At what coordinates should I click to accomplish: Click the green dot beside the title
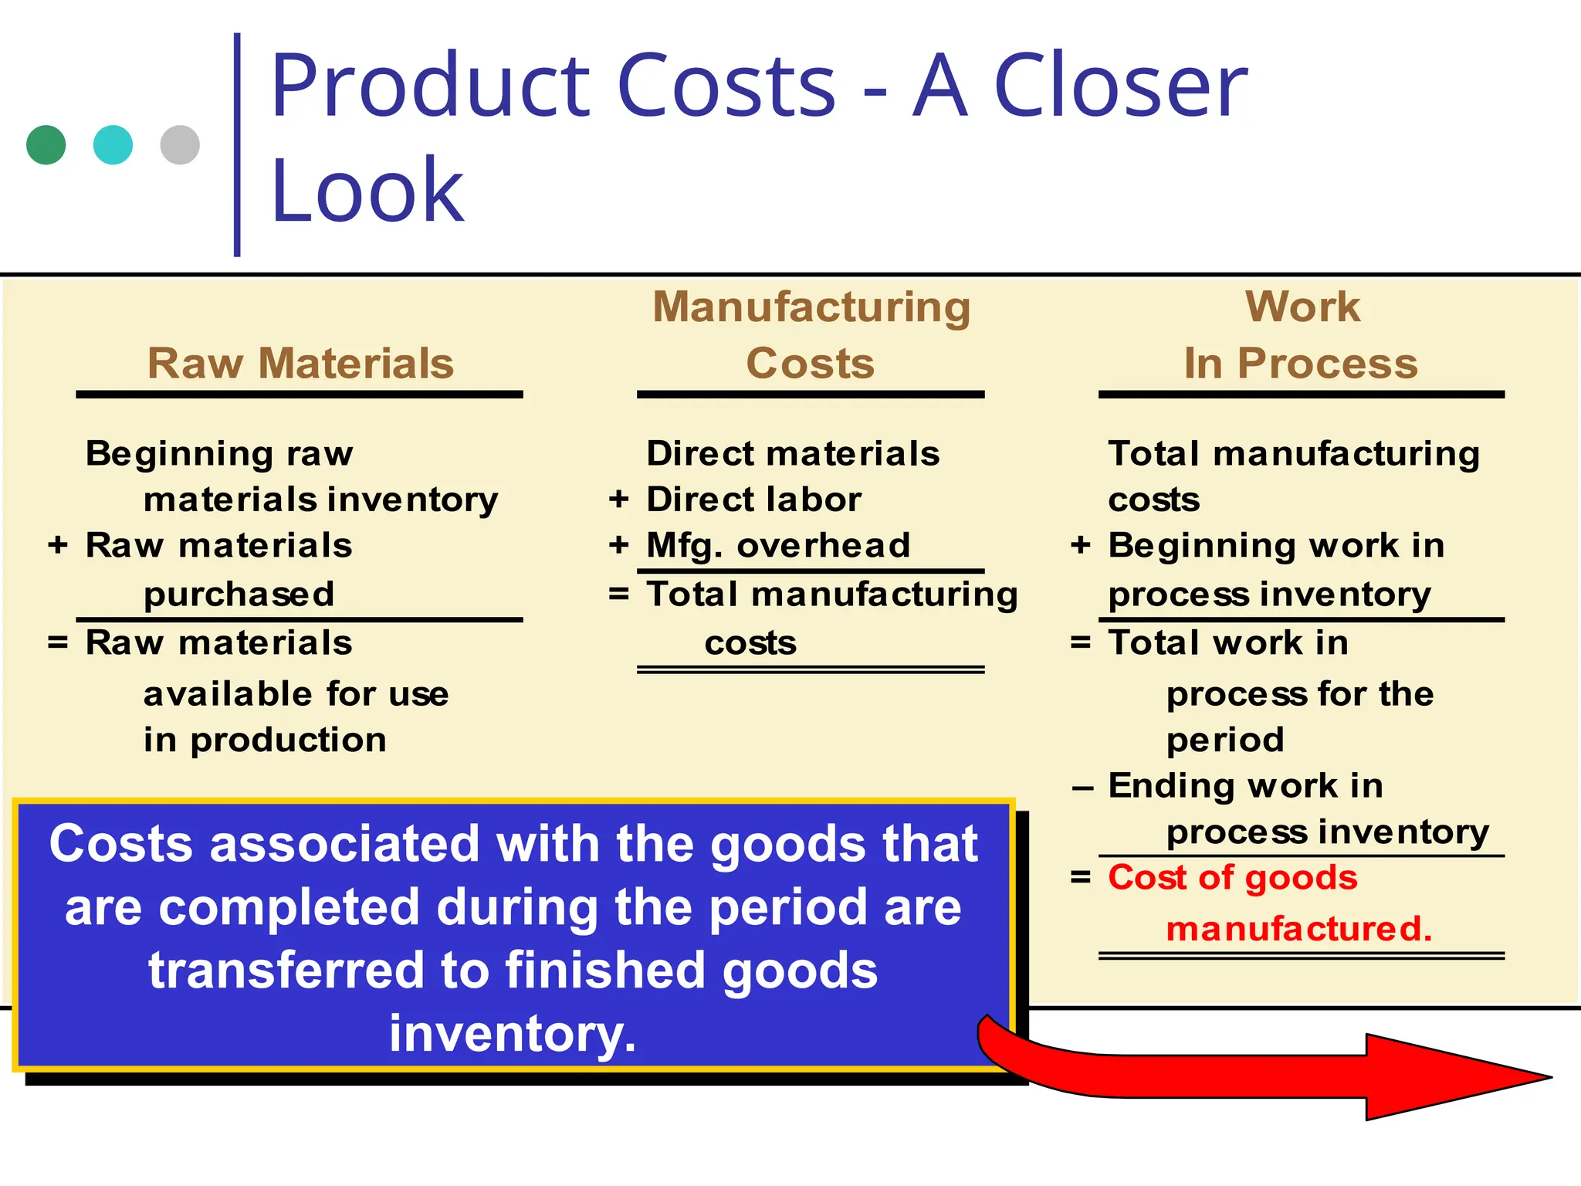click(46, 145)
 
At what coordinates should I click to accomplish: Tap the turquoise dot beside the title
click(113, 145)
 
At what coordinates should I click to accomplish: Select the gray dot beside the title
click(180, 145)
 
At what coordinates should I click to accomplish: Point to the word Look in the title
click(367, 190)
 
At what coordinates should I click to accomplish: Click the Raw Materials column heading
click(300, 363)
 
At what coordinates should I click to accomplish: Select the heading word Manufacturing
click(811, 307)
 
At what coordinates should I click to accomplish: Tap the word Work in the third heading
click(1302, 307)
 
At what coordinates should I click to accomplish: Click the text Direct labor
click(753, 500)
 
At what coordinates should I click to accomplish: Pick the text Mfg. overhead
click(778, 545)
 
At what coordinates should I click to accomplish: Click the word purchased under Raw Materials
click(239, 594)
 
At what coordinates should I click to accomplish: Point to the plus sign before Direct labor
click(618, 500)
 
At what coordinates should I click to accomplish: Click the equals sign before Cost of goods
click(1081, 877)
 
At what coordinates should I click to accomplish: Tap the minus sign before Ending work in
click(1082, 788)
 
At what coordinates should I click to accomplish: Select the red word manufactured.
click(1298, 928)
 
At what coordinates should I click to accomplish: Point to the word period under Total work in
click(1225, 740)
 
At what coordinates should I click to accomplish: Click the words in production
click(265, 740)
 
